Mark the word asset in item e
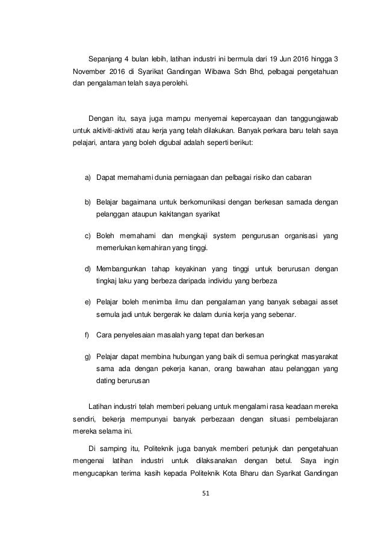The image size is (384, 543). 327,302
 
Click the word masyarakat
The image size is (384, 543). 318,357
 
